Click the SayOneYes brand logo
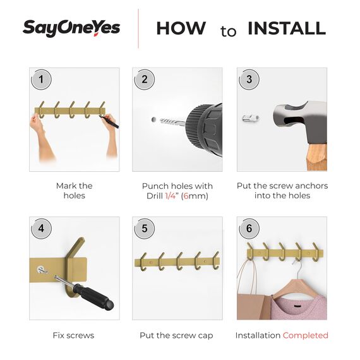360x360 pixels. [x=71, y=28]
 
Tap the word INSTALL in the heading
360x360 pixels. [x=286, y=28]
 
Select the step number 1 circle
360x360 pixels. [x=42, y=80]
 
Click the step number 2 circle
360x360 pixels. [x=145, y=80]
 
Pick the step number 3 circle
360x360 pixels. [x=249, y=80]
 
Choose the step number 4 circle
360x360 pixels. [x=42, y=229]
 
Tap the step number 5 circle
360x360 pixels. [x=145, y=229]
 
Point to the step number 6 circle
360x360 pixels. [x=249, y=229]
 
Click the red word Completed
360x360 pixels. [x=305, y=335]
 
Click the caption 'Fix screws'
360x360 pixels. [x=73, y=335]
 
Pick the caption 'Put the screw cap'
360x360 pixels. [x=176, y=335]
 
